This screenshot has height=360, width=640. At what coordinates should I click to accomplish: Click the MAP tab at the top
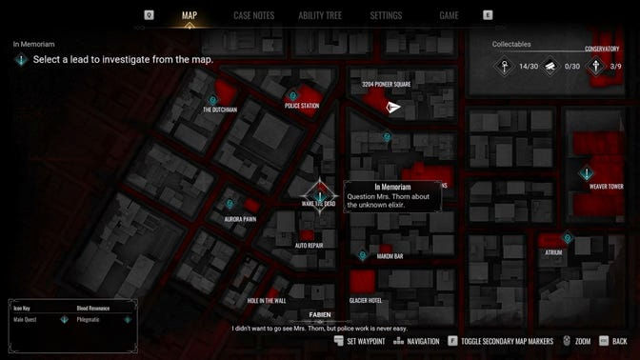click(x=190, y=15)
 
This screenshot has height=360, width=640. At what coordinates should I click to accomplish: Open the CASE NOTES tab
click(x=253, y=15)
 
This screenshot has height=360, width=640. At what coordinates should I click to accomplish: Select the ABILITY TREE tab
click(x=321, y=15)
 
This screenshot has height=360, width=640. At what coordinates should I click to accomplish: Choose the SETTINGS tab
click(x=386, y=15)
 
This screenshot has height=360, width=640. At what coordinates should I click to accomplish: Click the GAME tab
click(x=449, y=15)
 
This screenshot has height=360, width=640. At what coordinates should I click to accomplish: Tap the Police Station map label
click(x=301, y=106)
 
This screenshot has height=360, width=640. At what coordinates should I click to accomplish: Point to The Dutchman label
click(x=220, y=110)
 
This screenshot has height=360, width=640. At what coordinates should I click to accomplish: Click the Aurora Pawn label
click(x=240, y=219)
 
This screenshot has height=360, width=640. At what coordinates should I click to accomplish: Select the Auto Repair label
click(x=309, y=245)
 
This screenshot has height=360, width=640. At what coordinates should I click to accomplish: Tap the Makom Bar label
click(x=390, y=255)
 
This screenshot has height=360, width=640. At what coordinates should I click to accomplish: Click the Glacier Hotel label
click(x=366, y=300)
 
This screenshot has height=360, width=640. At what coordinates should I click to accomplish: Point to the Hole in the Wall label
click(x=267, y=300)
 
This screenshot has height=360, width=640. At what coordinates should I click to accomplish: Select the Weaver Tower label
click(x=606, y=187)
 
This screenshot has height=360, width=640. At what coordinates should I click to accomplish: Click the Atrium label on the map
click(x=553, y=252)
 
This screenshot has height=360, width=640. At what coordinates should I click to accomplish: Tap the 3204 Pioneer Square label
click(x=386, y=84)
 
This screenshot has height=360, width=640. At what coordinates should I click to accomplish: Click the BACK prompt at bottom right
click(x=620, y=341)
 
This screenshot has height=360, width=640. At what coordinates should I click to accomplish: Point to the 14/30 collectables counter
click(x=529, y=66)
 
